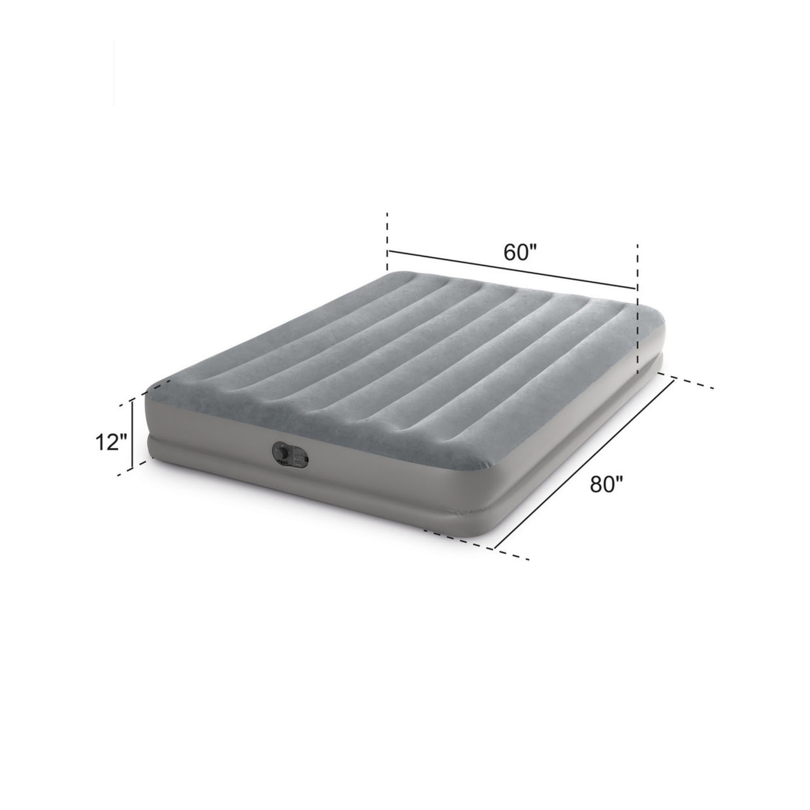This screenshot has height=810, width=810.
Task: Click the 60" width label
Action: point(520,252)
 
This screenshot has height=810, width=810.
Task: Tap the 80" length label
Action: point(605,485)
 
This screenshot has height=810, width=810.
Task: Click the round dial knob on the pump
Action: point(281,453)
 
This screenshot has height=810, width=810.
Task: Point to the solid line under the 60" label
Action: point(512,270)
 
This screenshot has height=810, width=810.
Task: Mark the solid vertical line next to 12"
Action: point(133,434)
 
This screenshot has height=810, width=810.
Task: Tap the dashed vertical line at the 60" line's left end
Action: point(387,242)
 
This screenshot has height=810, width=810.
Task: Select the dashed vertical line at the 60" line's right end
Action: point(638,309)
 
